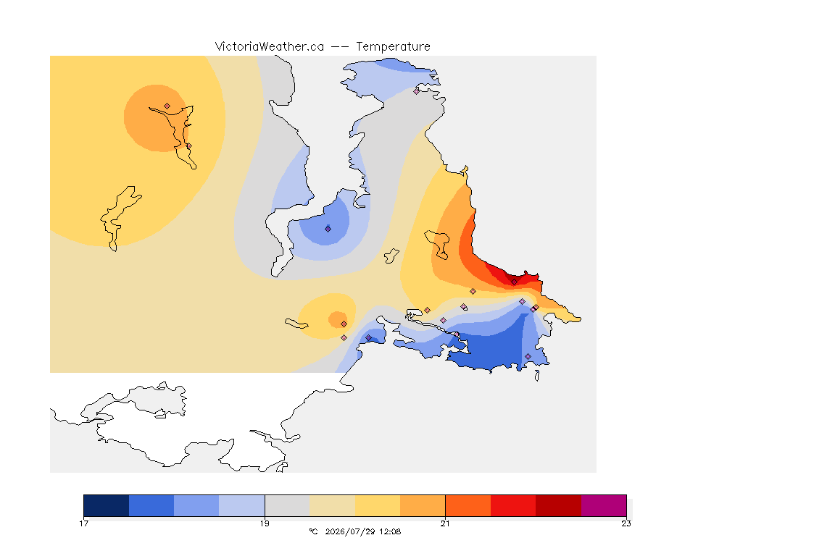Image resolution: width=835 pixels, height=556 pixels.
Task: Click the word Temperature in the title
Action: click(393, 47)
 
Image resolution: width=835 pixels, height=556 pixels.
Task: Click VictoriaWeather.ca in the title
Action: click(270, 47)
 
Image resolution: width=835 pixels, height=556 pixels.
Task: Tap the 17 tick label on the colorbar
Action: click(83, 523)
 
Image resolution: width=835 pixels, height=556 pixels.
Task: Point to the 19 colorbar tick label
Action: click(265, 523)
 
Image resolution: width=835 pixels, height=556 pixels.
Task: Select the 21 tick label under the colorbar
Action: click(445, 523)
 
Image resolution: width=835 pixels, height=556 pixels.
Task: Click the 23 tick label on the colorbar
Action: click(626, 523)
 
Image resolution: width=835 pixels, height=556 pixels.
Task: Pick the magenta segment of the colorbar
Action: click(603, 505)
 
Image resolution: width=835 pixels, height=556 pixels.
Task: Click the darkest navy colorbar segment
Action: click(107, 505)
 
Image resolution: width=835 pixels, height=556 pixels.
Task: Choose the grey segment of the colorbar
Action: click(287, 505)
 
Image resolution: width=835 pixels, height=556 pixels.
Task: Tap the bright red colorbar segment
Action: click(513, 505)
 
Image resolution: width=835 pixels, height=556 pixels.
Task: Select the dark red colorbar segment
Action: click(558, 505)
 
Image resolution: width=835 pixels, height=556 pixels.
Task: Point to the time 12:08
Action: click(391, 531)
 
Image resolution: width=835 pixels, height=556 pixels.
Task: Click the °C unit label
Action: click(313, 531)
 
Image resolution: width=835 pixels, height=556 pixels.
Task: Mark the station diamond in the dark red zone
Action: click(515, 282)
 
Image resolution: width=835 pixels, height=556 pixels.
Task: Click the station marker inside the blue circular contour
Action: click(328, 229)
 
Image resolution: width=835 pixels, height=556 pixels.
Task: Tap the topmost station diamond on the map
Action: click(417, 91)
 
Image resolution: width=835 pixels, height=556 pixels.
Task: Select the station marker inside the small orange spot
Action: click(344, 324)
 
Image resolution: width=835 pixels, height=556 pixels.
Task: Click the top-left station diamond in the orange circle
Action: click(167, 106)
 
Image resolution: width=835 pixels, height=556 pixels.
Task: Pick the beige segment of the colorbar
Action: click(332, 505)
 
